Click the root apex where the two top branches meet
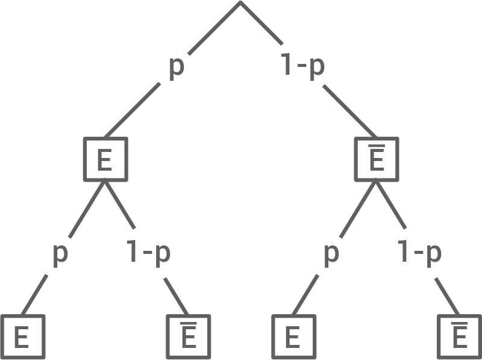pyautogui.click(x=240, y=2)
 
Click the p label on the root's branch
pyautogui.click(x=175, y=66)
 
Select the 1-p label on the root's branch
pyautogui.click(x=303, y=66)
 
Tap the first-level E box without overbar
pyautogui.click(x=105, y=160)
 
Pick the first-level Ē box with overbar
pyautogui.click(x=376, y=160)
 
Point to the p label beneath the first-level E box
pyautogui.click(x=60, y=253)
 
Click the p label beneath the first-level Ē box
pyautogui.click(x=331, y=253)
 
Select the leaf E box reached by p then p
pyautogui.click(x=22, y=336)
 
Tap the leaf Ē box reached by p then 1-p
pyautogui.click(x=189, y=336)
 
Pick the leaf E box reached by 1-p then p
pyautogui.click(x=292, y=336)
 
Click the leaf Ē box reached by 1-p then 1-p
pyautogui.click(x=459, y=336)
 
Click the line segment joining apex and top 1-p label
pyautogui.click(x=261, y=23)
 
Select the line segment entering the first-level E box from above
pyautogui.click(x=133, y=110)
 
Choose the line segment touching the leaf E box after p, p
pyautogui.click(x=36, y=294)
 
